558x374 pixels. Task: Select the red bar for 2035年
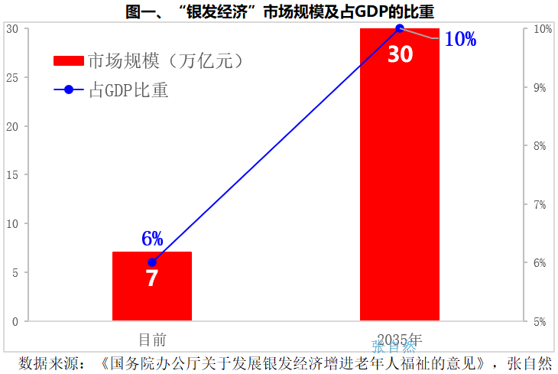pos(399,191)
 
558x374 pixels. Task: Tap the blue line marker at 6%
pos(151,262)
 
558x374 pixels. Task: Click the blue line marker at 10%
pos(399,28)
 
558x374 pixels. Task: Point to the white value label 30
pos(400,54)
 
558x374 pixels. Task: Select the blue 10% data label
pos(460,39)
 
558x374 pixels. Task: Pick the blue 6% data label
pos(152,239)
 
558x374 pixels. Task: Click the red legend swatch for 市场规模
pos(69,60)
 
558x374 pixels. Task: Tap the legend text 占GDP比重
pos(128,90)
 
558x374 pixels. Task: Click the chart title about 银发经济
pos(279,10)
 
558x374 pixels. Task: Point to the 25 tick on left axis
pos(12,77)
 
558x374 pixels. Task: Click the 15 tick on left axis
pos(12,175)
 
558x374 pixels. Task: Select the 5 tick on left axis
pos(15,272)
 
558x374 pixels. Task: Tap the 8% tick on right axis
pos(540,146)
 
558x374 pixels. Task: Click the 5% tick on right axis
pos(540,321)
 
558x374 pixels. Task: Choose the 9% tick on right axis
pos(540,87)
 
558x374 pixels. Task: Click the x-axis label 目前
pos(151,339)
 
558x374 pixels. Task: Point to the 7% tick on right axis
pos(540,204)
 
